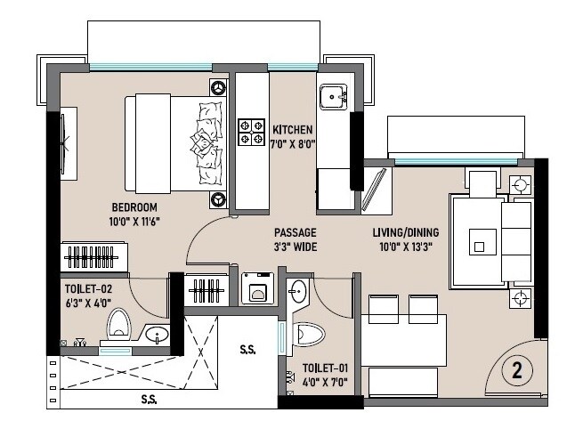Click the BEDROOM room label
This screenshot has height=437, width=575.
tap(129, 206)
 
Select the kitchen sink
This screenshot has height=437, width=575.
tap(334, 95)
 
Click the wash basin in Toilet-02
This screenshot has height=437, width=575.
tap(158, 336)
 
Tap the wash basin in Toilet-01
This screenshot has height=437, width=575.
tap(298, 290)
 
